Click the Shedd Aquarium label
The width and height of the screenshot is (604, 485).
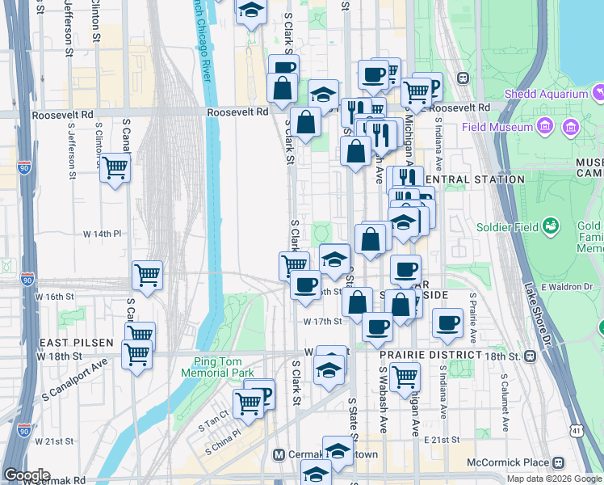[x=546, y=94]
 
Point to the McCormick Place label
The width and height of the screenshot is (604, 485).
[x=507, y=462]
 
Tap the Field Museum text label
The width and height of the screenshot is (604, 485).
[x=497, y=127]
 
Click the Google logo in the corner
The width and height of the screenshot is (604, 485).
[x=27, y=475]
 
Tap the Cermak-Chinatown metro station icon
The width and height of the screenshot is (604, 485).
[x=279, y=455]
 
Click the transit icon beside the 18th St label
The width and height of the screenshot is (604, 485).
[x=531, y=356]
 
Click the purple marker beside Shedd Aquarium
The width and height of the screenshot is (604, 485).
[x=598, y=91]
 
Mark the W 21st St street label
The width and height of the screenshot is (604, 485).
[x=53, y=441]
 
